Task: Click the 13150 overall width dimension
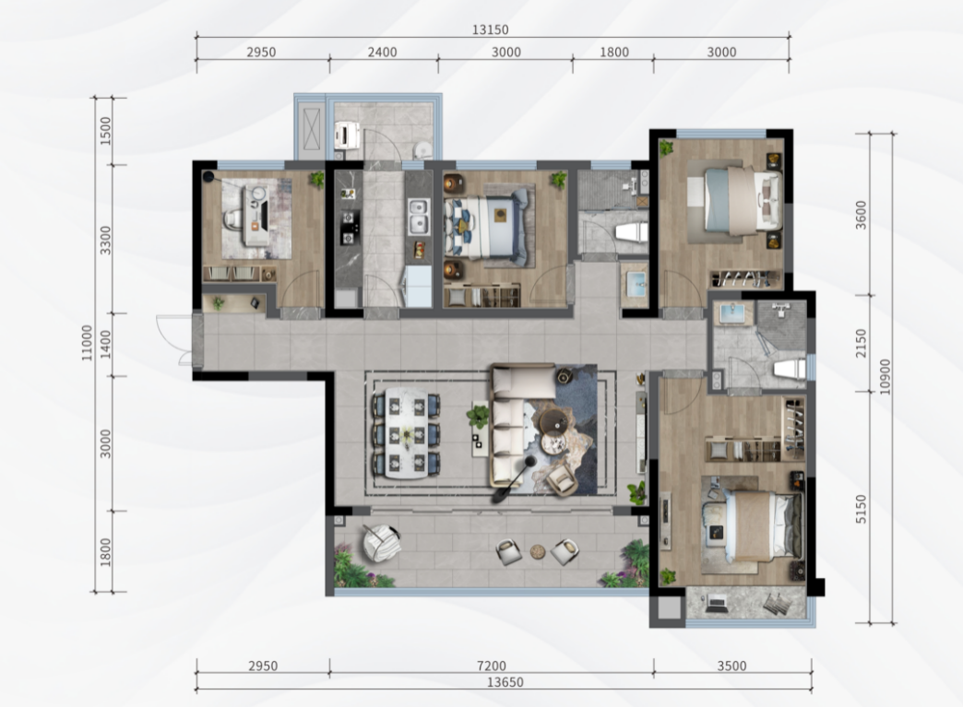tap(490, 29)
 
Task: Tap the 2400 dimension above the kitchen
tap(382, 53)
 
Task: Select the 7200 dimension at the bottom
tap(492, 666)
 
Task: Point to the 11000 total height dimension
tap(88, 343)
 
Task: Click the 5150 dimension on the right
tap(861, 510)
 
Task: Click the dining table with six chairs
tap(406, 435)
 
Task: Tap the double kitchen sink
tap(418, 216)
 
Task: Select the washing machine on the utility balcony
tap(347, 135)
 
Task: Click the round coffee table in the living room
tap(554, 421)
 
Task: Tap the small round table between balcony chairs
tap(538, 551)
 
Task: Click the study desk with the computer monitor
tap(256, 216)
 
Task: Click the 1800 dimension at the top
tap(614, 53)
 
